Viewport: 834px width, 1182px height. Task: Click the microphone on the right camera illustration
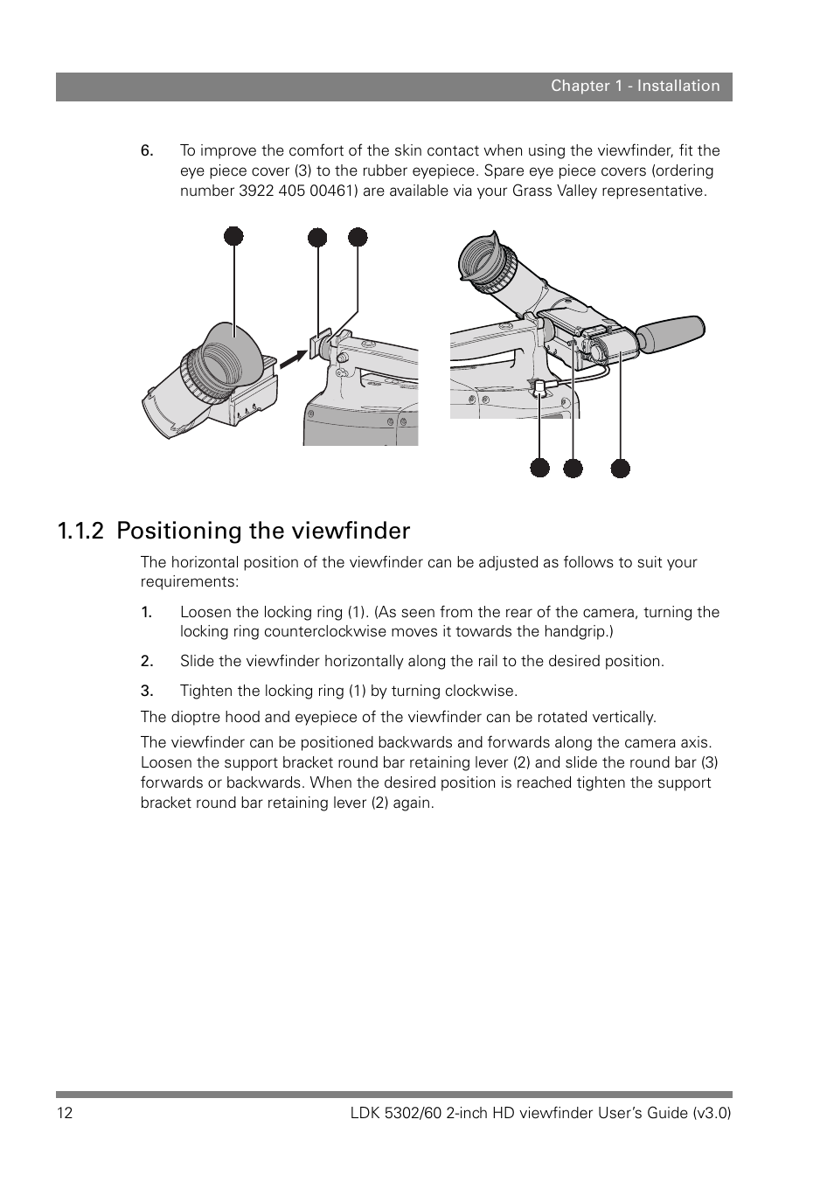(670, 334)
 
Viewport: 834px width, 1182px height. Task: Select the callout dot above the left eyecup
(233, 236)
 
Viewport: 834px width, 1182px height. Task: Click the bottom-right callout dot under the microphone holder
(620, 468)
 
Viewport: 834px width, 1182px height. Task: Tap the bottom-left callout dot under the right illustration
(540, 468)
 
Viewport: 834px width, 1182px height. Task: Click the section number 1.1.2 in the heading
(82, 531)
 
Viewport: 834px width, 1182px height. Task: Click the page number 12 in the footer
(65, 1113)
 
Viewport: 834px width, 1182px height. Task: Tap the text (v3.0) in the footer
(711, 1113)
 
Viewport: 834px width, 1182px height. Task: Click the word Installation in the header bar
(678, 86)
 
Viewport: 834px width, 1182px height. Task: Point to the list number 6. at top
(147, 150)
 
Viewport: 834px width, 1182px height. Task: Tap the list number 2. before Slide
(147, 661)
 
